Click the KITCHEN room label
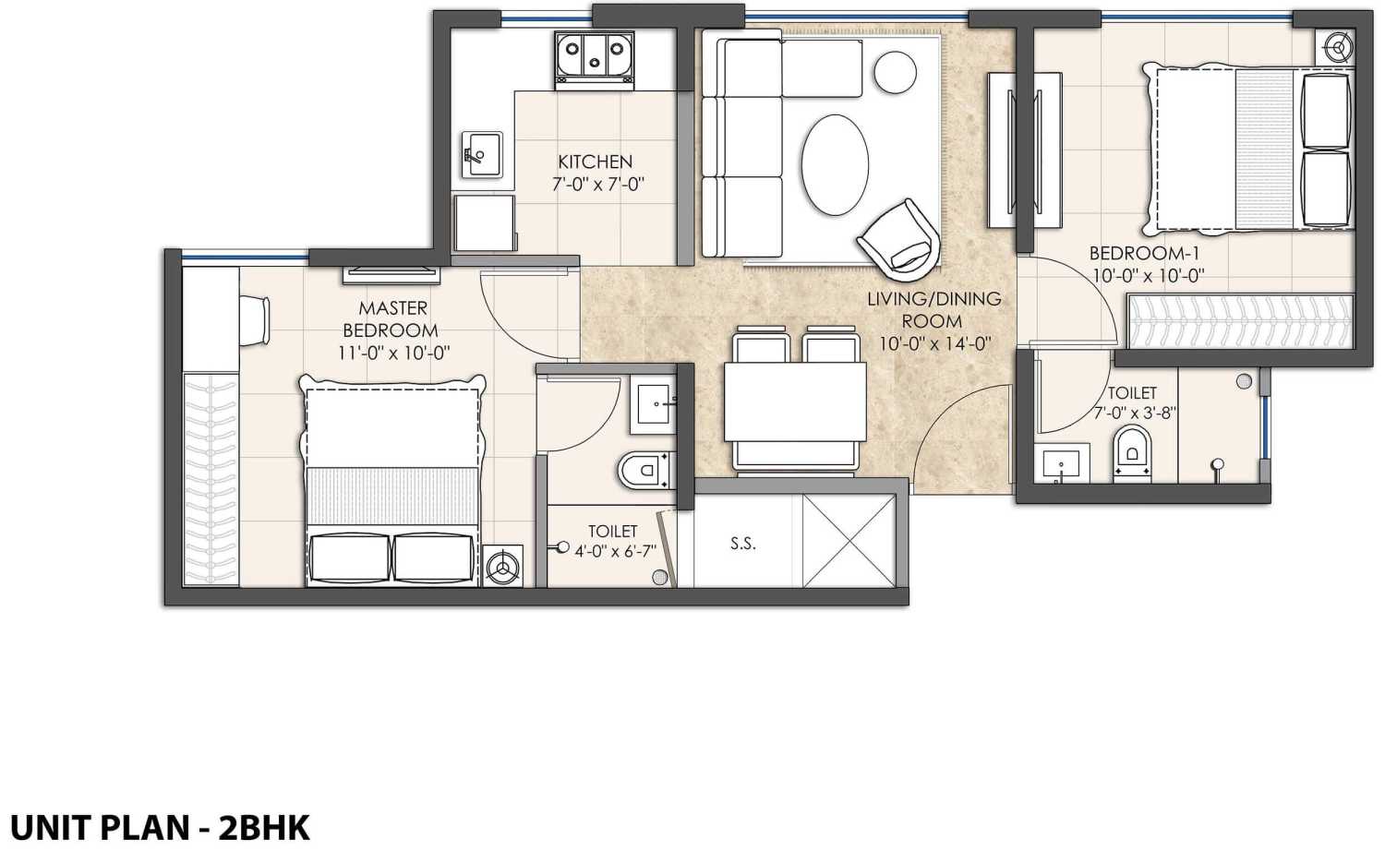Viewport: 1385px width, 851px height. click(x=595, y=162)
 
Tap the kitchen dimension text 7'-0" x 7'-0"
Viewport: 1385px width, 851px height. click(x=597, y=185)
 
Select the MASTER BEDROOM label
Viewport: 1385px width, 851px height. click(x=391, y=318)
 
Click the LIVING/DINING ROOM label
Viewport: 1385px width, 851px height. click(x=933, y=309)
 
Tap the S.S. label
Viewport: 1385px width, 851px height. click(x=743, y=544)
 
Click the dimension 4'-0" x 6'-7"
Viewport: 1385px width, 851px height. click(x=615, y=552)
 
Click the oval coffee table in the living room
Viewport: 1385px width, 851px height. click(x=835, y=165)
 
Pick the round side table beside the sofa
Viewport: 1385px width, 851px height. click(x=895, y=71)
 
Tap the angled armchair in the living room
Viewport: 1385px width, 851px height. click(x=899, y=237)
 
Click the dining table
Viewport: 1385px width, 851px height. click(x=795, y=402)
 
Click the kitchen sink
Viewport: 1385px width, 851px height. click(x=482, y=154)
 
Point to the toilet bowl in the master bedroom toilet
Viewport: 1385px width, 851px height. click(x=644, y=470)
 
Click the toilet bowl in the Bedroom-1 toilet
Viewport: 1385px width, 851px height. click(x=1132, y=451)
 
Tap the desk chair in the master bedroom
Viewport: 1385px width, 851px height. click(x=256, y=320)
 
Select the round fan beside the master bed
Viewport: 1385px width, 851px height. click(x=503, y=565)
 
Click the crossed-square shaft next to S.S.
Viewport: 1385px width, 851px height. click(x=848, y=541)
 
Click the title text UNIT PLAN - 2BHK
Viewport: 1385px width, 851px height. click(x=160, y=827)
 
